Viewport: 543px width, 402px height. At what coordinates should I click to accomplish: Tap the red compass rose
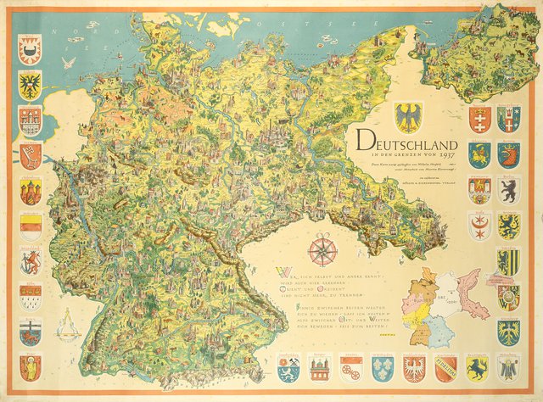pyautogui.click(x=322, y=249)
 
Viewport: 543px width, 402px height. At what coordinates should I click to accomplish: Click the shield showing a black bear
pyautogui.click(x=508, y=188)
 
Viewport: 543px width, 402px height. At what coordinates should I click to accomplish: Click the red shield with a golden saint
pyautogui.click(x=31, y=366)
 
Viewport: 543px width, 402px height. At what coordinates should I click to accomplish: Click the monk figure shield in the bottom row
pyautogui.click(x=508, y=366)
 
